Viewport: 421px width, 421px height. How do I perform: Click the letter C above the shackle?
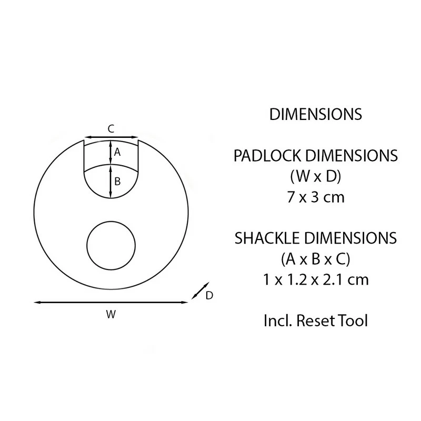[111, 128]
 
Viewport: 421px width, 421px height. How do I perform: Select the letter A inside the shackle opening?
[117, 152]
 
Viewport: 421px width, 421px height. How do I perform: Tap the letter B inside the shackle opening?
[117, 182]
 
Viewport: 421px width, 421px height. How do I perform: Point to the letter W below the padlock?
[111, 315]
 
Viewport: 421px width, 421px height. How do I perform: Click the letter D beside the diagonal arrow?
[209, 296]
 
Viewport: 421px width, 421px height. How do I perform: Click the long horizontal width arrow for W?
[111, 302]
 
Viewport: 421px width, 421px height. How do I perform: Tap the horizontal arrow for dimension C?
[111, 136]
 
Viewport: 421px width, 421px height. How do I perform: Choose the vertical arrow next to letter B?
[111, 182]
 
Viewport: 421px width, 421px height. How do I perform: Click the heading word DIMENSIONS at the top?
[315, 115]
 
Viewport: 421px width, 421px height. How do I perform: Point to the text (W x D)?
[315, 176]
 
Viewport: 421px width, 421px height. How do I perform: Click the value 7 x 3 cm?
[315, 197]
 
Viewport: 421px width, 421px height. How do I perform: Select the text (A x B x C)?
[315, 258]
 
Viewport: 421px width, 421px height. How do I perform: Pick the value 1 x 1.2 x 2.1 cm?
[315, 279]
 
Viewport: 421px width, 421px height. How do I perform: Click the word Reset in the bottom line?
[316, 320]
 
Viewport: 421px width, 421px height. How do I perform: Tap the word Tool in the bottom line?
[353, 320]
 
